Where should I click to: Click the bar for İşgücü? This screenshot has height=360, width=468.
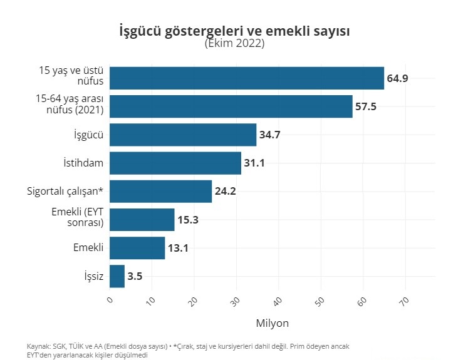pos(183,135)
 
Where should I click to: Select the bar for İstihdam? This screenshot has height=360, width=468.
pos(175,163)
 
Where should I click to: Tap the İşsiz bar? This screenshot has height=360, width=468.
pos(117,276)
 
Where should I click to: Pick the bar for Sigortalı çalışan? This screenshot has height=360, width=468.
pos(161,191)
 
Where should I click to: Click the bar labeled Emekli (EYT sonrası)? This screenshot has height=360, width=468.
pos(142,220)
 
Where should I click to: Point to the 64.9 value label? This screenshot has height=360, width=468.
pos(398,79)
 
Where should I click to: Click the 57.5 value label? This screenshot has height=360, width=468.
pos(366,107)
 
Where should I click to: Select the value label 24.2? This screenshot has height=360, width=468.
pos(225,192)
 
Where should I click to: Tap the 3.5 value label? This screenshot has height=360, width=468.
pos(135,277)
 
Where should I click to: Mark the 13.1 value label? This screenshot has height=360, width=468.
pos(178,249)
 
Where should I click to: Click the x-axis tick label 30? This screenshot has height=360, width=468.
pos(236,301)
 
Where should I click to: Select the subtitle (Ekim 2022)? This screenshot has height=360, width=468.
pos(234,44)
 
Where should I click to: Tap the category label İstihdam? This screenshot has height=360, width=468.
pos(83,163)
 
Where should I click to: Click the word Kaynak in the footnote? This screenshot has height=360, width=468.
pos(37,346)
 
